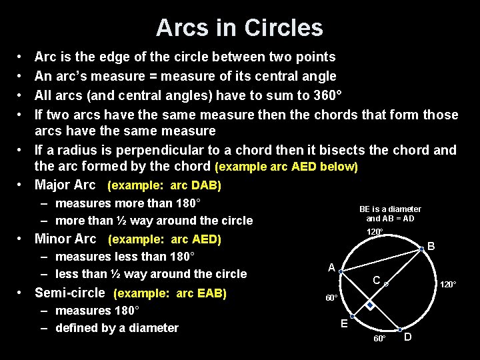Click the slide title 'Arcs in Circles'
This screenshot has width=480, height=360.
(x=239, y=27)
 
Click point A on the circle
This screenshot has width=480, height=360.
(x=341, y=272)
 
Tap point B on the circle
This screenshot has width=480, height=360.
(x=421, y=249)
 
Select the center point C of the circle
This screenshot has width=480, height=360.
(x=386, y=284)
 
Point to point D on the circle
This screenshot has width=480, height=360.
(x=399, y=330)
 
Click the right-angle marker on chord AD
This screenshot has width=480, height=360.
(x=370, y=305)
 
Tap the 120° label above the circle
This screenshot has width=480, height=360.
(x=375, y=232)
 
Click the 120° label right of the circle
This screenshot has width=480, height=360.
(x=448, y=285)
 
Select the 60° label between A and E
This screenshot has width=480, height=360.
(x=331, y=297)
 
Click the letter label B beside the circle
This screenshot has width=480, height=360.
(x=431, y=247)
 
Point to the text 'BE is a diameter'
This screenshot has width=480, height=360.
(x=390, y=209)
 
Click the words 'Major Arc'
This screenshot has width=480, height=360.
(x=65, y=185)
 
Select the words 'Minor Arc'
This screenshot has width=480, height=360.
(x=65, y=239)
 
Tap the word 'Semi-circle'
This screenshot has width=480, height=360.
(x=69, y=293)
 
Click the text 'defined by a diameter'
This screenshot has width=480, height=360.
(x=117, y=327)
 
